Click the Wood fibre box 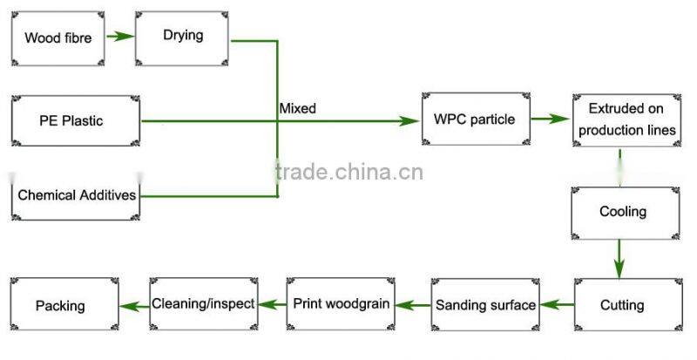click(58, 37)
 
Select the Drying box click(183, 36)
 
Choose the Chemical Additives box click(76, 194)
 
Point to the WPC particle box click(475, 119)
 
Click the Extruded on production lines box click(626, 119)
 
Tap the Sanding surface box click(485, 305)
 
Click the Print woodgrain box click(341, 304)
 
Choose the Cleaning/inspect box click(203, 304)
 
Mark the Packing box click(62, 305)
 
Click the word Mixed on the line click(297, 109)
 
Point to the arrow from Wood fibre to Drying click(121, 37)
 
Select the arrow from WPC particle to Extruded click(550, 119)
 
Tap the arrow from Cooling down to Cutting click(619, 258)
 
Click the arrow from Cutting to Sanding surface click(556, 305)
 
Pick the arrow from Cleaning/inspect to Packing click(132, 304)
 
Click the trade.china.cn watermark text click(348, 171)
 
